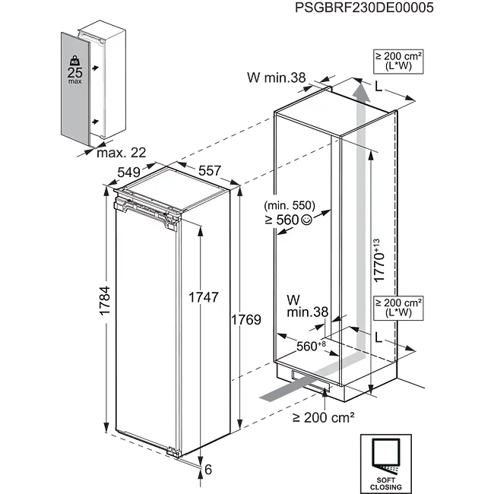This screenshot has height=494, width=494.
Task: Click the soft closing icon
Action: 383,461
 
